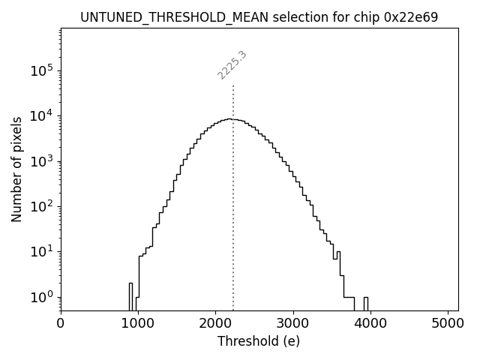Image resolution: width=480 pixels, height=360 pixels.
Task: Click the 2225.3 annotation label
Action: pyautogui.click(x=232, y=65)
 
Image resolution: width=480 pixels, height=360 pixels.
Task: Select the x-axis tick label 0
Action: pyautogui.click(x=61, y=325)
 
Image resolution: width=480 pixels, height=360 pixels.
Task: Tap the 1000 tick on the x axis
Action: pyautogui.click(x=138, y=325)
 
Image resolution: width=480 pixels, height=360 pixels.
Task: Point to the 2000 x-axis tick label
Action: pyautogui.click(x=215, y=325)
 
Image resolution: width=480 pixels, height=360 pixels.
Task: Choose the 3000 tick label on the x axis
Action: pyautogui.click(x=292, y=325)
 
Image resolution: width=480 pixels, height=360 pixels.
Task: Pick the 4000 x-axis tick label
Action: pyautogui.click(x=370, y=325)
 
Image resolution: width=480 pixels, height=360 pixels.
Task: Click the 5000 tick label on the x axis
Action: pyautogui.click(x=447, y=325)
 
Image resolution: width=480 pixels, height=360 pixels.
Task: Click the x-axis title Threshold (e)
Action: pyautogui.click(x=259, y=341)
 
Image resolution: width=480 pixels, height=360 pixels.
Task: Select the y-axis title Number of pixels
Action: pyautogui.click(x=16, y=169)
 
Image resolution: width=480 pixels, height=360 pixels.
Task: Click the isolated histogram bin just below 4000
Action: pyautogui.click(x=366, y=303)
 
